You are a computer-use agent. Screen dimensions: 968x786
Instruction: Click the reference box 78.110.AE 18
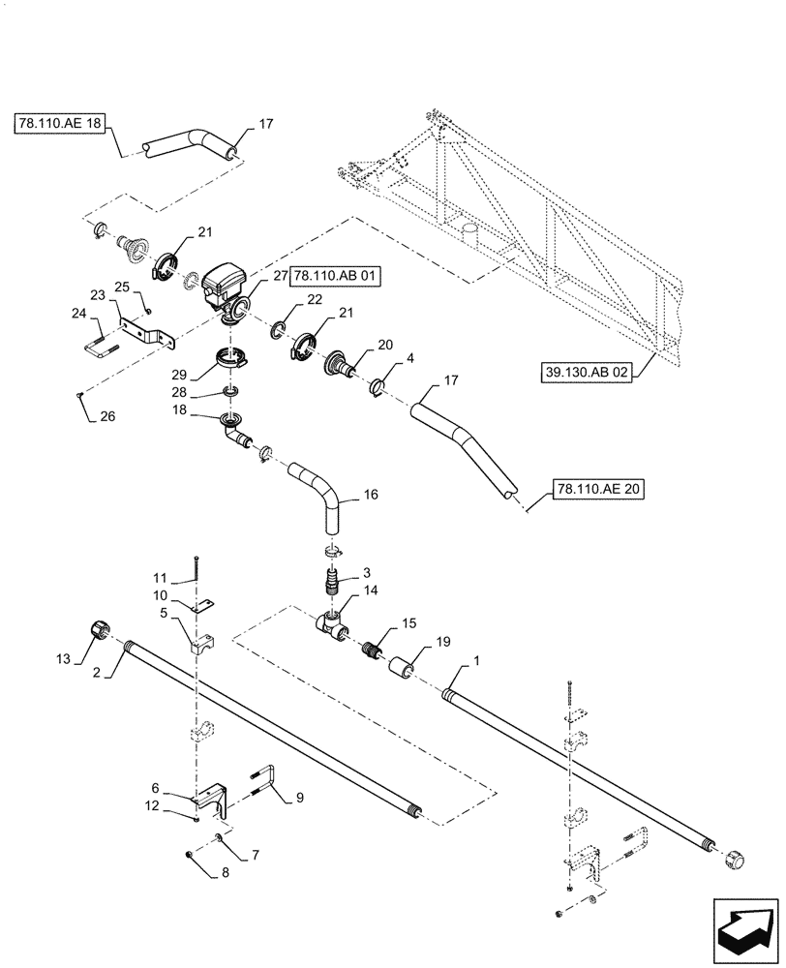pyautogui.click(x=60, y=125)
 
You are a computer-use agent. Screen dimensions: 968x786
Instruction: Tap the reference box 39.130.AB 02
pyautogui.click(x=586, y=373)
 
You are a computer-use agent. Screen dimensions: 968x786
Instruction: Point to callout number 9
pyautogui.click(x=299, y=797)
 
